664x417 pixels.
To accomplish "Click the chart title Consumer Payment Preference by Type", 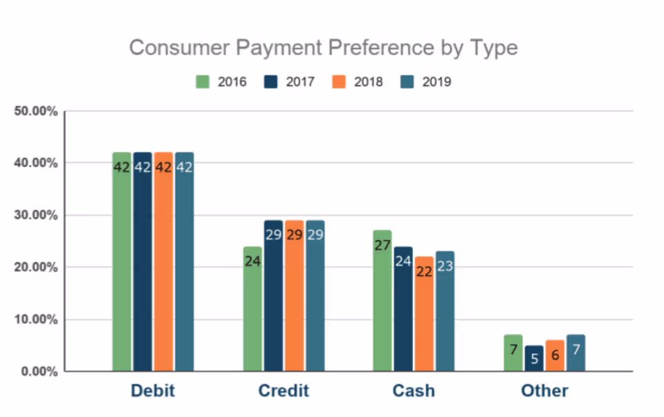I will point(323,48).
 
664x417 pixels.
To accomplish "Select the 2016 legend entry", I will point(221,82).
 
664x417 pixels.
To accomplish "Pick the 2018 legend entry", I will point(357,82).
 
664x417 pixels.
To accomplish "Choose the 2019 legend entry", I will point(425,82).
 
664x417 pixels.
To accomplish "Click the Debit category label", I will point(152,391).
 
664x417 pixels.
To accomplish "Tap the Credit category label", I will point(283,391).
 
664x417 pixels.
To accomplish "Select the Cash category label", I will point(414,391).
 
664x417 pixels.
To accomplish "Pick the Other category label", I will point(544,391).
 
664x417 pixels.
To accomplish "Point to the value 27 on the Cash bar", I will point(382,245).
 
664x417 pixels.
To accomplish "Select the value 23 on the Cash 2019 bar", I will point(445,266).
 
